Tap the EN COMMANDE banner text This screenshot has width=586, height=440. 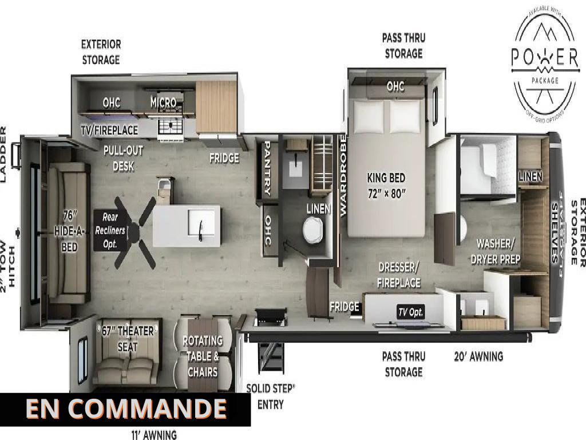pos(126,409)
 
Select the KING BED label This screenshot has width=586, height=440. pos(386,185)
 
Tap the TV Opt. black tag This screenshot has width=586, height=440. pos(411,312)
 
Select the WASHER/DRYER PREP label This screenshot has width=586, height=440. pos(495,252)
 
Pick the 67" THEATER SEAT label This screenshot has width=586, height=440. pos(128,339)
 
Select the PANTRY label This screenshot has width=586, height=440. pos(267,169)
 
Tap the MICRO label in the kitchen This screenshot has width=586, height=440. pos(163,103)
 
